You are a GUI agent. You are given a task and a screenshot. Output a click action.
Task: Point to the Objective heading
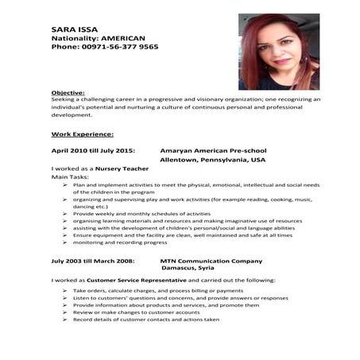69,93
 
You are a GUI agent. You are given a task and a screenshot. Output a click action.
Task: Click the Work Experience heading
83,134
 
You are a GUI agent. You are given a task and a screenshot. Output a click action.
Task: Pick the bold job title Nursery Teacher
118,169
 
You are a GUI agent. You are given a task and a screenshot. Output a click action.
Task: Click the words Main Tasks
69,177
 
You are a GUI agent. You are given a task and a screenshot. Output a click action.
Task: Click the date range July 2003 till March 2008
93,260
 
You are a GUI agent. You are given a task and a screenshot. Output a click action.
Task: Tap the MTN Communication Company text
211,260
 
